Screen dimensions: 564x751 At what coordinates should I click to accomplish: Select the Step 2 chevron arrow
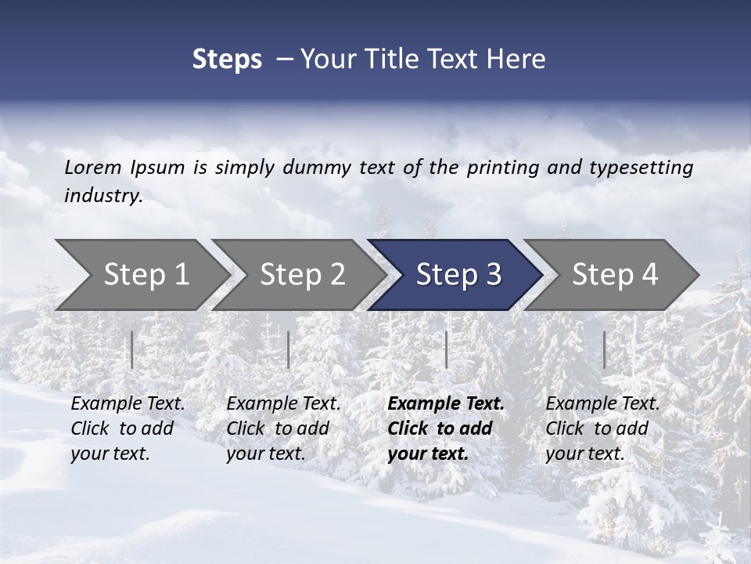pos(302,275)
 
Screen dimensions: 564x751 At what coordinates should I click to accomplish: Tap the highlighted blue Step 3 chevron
pos(458,275)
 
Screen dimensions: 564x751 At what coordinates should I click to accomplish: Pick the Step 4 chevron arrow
pos(615,275)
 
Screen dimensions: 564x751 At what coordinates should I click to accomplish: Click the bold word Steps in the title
pos(227,60)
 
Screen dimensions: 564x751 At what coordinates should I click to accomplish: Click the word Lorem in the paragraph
pos(92,167)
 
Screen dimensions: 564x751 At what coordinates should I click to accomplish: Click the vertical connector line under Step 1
pos(132,349)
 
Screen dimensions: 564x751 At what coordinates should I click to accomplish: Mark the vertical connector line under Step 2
pos(289,349)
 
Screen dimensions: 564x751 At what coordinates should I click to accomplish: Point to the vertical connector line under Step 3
pos(446,349)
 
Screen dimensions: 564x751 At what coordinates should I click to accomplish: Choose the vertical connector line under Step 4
pos(604,349)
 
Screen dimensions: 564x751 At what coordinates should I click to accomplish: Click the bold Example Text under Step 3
pos(446,404)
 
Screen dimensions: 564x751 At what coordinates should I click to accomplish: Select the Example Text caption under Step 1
pos(128,404)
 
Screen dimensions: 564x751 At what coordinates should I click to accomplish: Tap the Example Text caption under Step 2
pos(283,404)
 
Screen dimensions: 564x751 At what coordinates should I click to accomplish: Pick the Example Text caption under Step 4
pos(602,404)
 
